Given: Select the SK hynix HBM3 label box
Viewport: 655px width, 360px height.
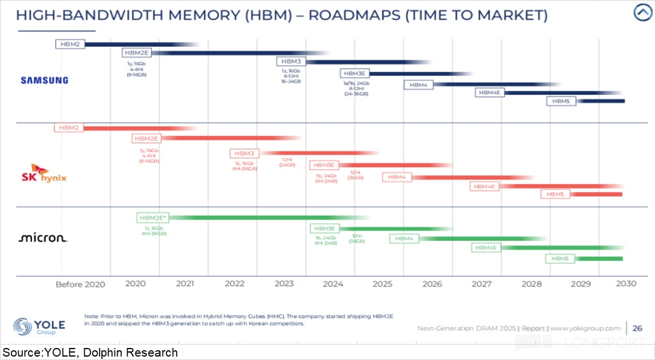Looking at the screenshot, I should (x=245, y=153).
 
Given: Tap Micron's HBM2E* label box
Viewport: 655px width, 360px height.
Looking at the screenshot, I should (x=153, y=217).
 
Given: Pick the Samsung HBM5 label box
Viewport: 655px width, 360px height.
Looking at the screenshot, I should (x=561, y=101).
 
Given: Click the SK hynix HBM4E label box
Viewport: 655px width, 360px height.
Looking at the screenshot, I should (x=485, y=187).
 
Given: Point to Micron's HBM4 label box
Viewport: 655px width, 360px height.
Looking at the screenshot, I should (x=404, y=239).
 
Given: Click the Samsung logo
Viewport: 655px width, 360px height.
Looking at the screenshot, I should (x=44, y=80).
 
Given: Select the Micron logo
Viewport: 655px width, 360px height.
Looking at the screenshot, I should (x=43, y=238).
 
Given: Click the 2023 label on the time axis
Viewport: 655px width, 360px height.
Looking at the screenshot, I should (x=284, y=284).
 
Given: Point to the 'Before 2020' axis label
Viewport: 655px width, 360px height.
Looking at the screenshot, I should (x=80, y=284).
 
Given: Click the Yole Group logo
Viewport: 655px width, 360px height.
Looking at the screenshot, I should (x=39, y=327).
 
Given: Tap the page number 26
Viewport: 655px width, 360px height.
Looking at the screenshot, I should (x=637, y=329).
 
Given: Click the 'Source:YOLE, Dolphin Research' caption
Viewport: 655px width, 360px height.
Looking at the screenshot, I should (x=90, y=353).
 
